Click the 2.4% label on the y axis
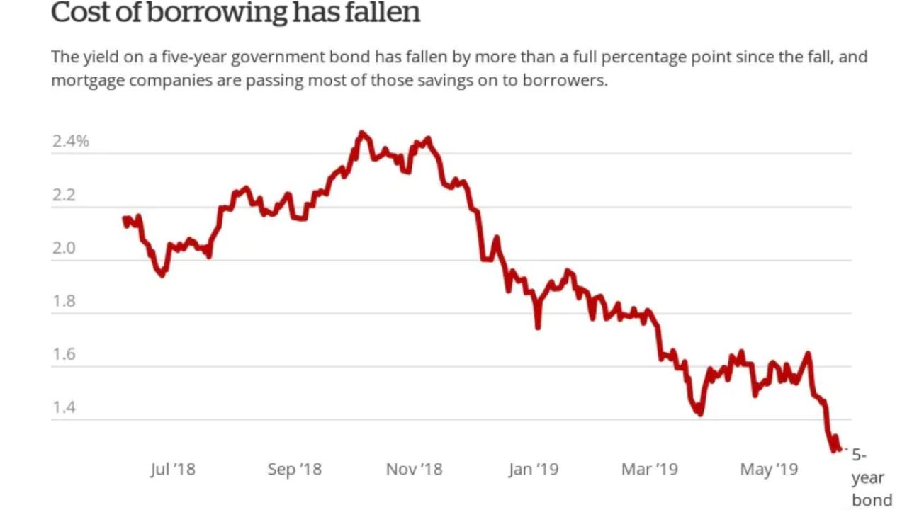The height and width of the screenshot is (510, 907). pos(70,141)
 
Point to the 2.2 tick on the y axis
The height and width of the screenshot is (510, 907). pos(63,195)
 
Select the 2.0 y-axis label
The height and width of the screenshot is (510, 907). pos(63,248)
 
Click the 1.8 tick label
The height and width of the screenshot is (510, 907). pos(63,301)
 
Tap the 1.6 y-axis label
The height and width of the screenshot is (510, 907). pos(63,354)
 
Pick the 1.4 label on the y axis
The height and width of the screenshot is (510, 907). pos(63,407)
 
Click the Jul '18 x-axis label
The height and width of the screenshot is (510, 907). pos(172,469)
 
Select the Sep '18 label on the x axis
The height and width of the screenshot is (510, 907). pos(294,469)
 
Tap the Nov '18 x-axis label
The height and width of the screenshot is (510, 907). pos(414,469)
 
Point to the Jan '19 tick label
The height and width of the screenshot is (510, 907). pos(533,469)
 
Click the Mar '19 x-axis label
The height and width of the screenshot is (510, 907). pos(650,469)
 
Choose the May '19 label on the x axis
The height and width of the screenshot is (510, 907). pos(769,469)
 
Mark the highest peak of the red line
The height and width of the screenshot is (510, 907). pos(361,132)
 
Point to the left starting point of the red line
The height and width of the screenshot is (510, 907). pos(125,219)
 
